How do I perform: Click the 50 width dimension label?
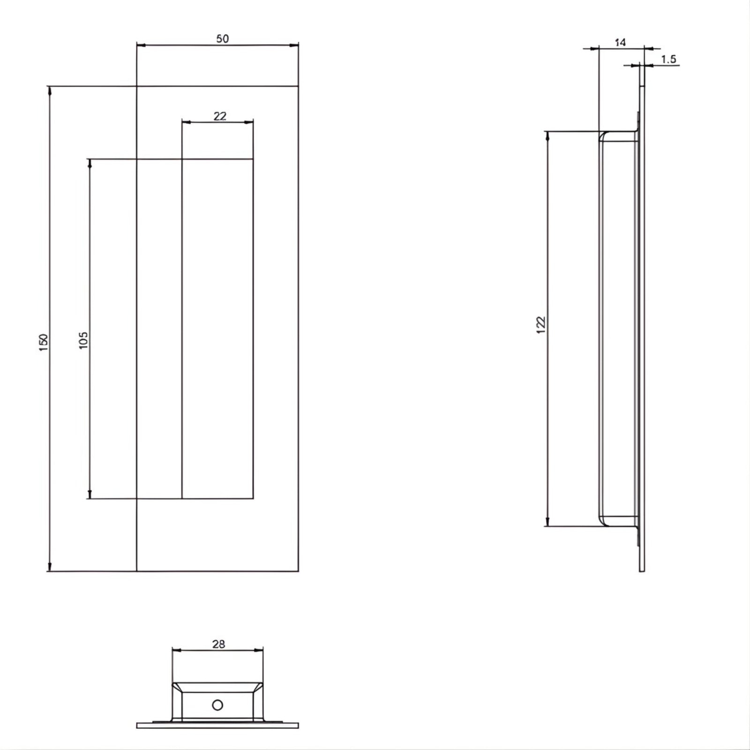222,39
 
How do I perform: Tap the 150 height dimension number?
43,343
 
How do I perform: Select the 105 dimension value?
83,340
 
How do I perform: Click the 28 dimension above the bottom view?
218,644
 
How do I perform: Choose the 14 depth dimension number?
620,42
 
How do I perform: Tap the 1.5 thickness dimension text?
668,59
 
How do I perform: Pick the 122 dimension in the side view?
541,325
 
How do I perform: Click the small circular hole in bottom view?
217,705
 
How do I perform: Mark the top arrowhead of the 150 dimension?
49,90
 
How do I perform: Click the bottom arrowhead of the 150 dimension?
49,567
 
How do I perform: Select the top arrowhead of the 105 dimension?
90,163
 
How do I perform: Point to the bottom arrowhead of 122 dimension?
547,522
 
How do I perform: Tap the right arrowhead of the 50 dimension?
294,45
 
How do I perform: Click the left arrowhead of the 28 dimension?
177,650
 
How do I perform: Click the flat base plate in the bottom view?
217,725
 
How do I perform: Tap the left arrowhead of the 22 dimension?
186,122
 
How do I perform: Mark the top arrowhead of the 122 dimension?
547,136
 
